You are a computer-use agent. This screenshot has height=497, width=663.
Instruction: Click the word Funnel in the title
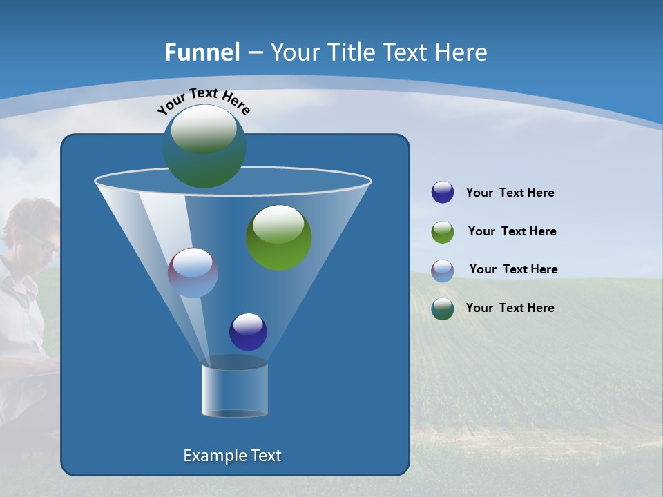(x=202, y=52)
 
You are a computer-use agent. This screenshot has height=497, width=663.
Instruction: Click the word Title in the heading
(x=349, y=52)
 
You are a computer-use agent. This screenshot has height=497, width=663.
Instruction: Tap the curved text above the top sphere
(x=204, y=100)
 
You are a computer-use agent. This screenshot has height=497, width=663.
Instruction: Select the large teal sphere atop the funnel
(x=204, y=146)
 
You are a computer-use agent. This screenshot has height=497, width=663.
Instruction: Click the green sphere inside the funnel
(x=278, y=237)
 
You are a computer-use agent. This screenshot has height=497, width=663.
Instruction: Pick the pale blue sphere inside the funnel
(x=193, y=273)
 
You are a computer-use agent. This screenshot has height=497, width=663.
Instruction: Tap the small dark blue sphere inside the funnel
(x=248, y=331)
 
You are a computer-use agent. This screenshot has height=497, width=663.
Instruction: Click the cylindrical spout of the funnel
(x=235, y=390)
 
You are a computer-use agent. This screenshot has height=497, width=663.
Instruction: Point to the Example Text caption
(x=232, y=456)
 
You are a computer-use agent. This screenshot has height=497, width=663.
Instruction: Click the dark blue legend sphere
(x=443, y=193)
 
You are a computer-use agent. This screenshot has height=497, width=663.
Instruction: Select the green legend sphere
(x=443, y=232)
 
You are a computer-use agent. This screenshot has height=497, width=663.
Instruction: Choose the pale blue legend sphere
(x=443, y=270)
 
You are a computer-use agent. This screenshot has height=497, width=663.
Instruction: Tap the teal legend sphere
(x=443, y=309)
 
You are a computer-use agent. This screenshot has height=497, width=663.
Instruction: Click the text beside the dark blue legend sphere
(x=510, y=193)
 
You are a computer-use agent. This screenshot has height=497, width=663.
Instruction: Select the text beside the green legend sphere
(x=512, y=232)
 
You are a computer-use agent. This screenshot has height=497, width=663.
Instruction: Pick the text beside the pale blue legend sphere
(x=513, y=270)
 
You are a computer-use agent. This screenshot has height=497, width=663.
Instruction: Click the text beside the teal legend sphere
(x=510, y=308)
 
